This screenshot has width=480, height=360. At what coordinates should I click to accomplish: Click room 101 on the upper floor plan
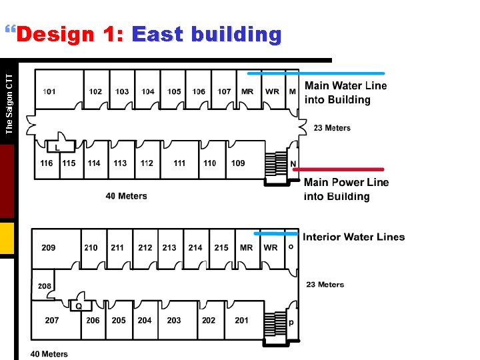[50, 91]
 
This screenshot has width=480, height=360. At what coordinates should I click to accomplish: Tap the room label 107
[225, 91]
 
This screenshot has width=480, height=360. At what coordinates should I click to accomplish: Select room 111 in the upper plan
[179, 163]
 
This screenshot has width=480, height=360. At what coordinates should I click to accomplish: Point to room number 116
[47, 163]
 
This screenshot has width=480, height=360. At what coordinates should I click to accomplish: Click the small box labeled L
[58, 147]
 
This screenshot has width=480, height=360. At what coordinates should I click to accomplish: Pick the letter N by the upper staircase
[293, 164]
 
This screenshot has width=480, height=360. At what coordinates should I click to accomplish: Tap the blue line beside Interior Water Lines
[277, 234]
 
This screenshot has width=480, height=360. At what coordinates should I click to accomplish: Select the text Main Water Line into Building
[345, 93]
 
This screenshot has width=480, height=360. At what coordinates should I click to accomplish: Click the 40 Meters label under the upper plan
[127, 196]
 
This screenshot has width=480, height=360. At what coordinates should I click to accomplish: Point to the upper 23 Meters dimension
[332, 128]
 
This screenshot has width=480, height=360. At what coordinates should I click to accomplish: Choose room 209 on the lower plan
[49, 247]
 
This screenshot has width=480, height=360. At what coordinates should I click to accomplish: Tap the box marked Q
[79, 306]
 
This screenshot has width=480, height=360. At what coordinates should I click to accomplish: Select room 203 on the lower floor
[174, 320]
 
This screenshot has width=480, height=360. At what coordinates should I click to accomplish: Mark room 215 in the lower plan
[221, 247]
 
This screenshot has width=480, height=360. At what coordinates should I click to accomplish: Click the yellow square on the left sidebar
[7, 239]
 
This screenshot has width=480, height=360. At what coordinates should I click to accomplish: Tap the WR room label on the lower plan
[271, 247]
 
